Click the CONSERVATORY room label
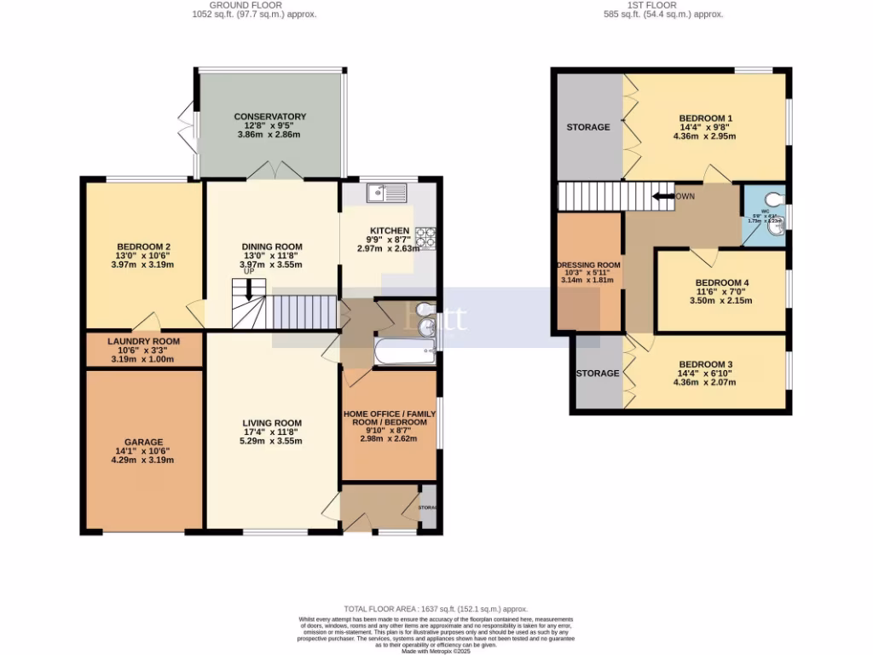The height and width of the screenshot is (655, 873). (270, 117)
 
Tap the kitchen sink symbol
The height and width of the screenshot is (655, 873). (388, 194)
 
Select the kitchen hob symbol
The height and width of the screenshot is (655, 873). (425, 237)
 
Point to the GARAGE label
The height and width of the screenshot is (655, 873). (144, 442)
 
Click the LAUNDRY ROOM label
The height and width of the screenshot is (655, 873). (144, 341)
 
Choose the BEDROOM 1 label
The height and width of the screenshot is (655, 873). (705, 119)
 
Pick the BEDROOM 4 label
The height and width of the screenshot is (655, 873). (721, 283)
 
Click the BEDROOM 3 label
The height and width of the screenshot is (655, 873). (705, 364)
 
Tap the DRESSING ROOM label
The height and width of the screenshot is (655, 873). (588, 265)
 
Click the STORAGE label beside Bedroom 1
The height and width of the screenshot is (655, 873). (588, 127)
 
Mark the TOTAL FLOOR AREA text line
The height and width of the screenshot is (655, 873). (436, 608)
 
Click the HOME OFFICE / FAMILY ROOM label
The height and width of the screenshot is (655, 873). (389, 418)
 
